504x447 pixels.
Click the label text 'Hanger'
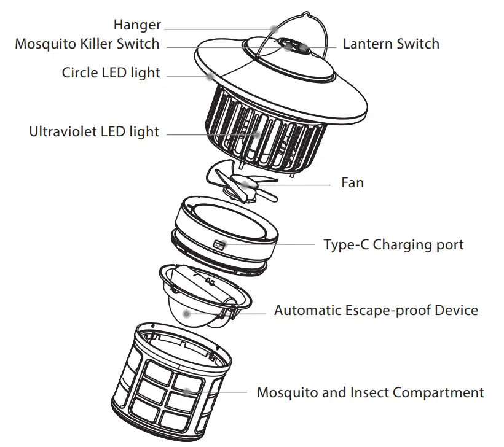137,25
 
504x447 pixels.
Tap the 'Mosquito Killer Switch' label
87,44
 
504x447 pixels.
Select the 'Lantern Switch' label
391,44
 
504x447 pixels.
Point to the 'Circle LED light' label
111,73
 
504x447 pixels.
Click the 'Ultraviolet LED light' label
94,132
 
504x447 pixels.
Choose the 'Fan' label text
352,182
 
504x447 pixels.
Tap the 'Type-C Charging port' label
393,244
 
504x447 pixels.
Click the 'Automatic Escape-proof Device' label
376,310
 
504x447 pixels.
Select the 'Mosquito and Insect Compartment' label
370,392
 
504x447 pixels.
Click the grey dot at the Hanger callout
274,28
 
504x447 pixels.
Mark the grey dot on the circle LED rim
210,77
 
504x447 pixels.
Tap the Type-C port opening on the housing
219,244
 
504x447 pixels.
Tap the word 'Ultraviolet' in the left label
63,132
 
